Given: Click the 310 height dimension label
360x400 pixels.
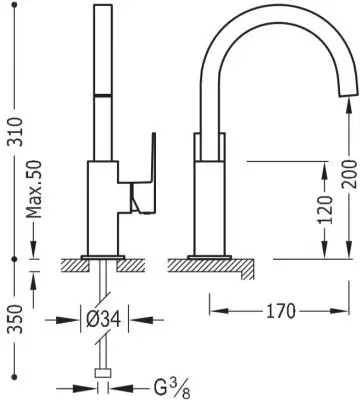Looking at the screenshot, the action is coord(15,131).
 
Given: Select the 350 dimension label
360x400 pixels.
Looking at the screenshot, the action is coord(15,318).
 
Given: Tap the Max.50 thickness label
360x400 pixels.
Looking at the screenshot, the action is coord(34,189).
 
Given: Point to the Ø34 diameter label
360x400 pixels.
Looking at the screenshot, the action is coord(103,320).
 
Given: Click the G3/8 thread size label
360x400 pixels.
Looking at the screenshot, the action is coord(172,388).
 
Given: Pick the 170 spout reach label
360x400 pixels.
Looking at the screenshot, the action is coord(281,311).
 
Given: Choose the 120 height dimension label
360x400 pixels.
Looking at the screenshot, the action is coord(325,209).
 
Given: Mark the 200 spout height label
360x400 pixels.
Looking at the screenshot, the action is coord(349,174).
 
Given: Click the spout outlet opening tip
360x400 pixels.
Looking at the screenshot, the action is coord(348,95).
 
